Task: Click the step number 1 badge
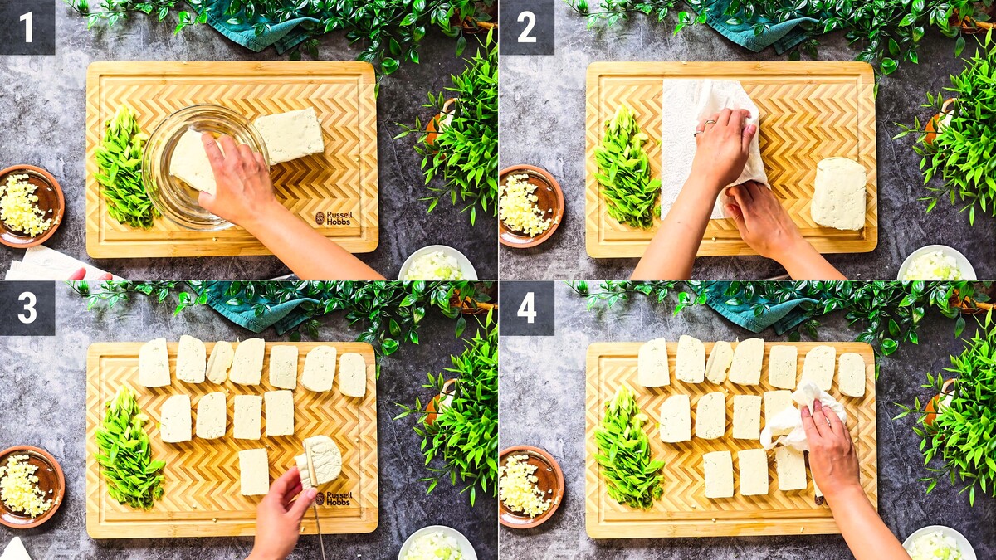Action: pyautogui.click(x=27, y=27)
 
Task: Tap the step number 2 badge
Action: pyautogui.click(x=527, y=27)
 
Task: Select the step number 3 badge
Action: pyautogui.click(x=27, y=308)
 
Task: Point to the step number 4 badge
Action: pyautogui.click(x=527, y=308)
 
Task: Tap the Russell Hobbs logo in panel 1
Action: pyautogui.click(x=334, y=217)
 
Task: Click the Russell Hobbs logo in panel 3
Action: pyautogui.click(x=334, y=499)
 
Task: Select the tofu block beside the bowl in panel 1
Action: pyautogui.click(x=290, y=135)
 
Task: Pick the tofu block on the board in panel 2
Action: pyautogui.click(x=838, y=194)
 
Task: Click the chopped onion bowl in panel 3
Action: pyautogui.click(x=437, y=543)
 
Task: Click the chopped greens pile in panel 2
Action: pyautogui.click(x=626, y=167)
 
